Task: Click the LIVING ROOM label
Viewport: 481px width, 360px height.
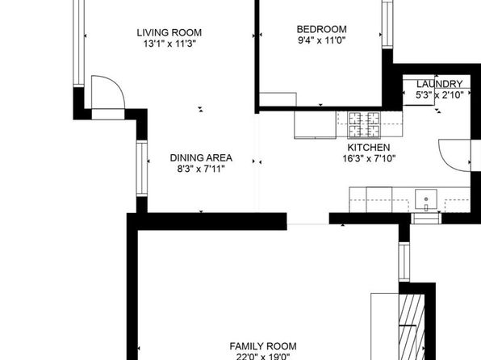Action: coord(169,32)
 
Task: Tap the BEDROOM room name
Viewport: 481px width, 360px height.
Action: coord(321,29)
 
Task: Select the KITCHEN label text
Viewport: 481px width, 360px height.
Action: coord(369,148)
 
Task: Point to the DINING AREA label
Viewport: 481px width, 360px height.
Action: coord(201,157)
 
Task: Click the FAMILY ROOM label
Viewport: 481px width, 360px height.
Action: coord(263,346)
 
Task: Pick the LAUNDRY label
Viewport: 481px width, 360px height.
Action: coord(439,84)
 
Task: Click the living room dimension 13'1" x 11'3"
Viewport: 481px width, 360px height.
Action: coord(169,44)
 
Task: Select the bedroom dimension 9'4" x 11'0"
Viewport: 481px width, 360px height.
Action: coord(321,40)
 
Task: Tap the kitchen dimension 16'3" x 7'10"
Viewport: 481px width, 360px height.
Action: coord(369,158)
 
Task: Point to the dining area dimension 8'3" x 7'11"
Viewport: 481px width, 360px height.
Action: coord(201,169)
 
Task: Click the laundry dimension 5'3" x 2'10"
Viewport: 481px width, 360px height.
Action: coord(439,94)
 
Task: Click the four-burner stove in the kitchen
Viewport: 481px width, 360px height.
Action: coord(364,125)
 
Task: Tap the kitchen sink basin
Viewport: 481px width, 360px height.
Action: coord(426,199)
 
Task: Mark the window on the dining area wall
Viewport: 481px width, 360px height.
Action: coord(142,168)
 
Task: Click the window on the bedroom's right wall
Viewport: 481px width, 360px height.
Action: coord(387,24)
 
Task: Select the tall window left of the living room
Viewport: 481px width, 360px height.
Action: coord(79,43)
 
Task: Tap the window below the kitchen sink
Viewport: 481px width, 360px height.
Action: coord(426,218)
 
